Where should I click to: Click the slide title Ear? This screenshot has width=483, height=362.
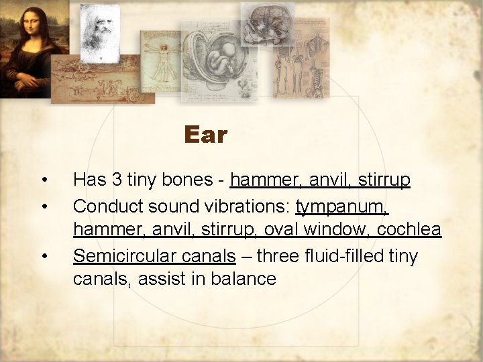click(x=206, y=135)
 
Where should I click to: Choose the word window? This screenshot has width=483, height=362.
click(x=332, y=230)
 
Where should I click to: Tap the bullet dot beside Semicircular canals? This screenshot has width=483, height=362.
click(x=44, y=256)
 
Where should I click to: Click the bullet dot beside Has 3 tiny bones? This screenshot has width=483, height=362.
click(x=44, y=180)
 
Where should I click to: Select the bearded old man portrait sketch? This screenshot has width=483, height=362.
click(x=100, y=30)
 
